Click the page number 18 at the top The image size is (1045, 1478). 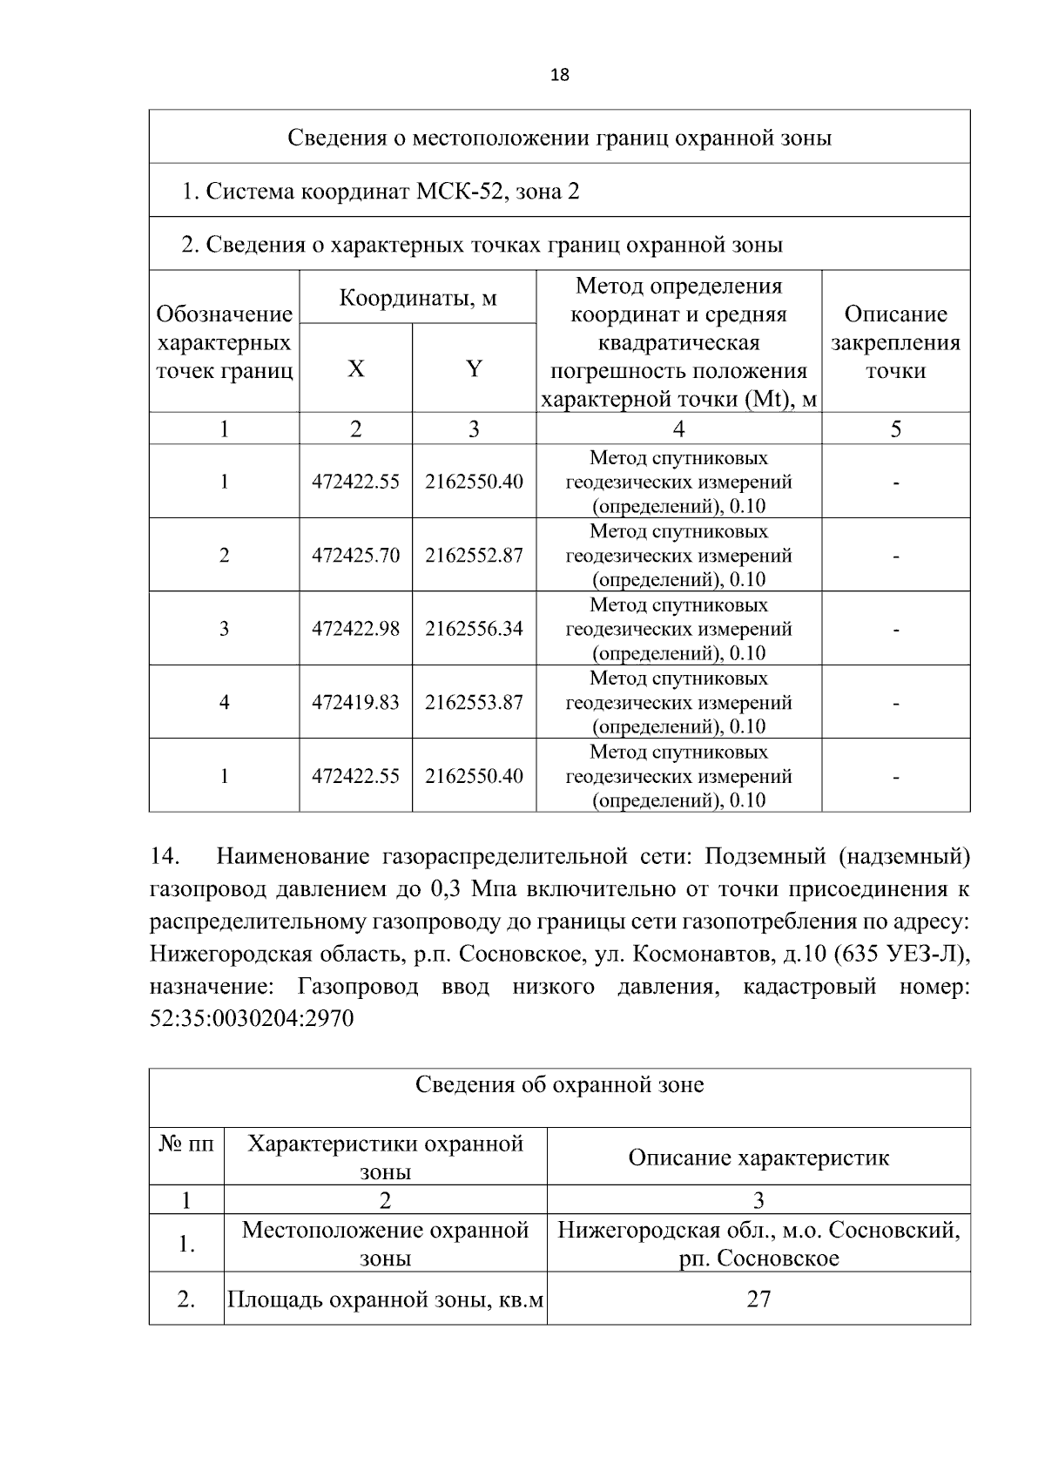pyautogui.click(x=560, y=75)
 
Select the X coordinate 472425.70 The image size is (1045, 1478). pyautogui.click(x=355, y=555)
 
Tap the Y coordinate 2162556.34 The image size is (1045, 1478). pyautogui.click(x=474, y=628)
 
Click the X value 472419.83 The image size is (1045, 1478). pyautogui.click(x=355, y=702)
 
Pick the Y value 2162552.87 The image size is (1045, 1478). pyautogui.click(x=474, y=555)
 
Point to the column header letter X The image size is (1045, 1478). pyautogui.click(x=355, y=368)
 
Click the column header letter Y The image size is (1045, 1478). pyautogui.click(x=474, y=368)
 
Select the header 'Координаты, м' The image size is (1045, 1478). pyautogui.click(x=417, y=298)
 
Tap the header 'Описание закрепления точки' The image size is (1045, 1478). pyautogui.click(x=895, y=341)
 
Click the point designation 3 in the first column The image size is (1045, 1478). pyautogui.click(x=224, y=628)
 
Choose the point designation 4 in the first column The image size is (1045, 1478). pyautogui.click(x=224, y=702)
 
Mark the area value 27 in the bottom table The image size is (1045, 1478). pyautogui.click(x=758, y=1299)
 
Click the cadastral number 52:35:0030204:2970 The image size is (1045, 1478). pyautogui.click(x=252, y=1018)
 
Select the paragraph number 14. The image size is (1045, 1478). pyautogui.click(x=164, y=857)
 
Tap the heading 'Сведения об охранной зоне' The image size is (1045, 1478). pyautogui.click(x=559, y=1085)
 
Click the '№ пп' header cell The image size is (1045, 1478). pyautogui.click(x=186, y=1144)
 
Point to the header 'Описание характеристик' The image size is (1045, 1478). pyautogui.click(x=758, y=1157)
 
